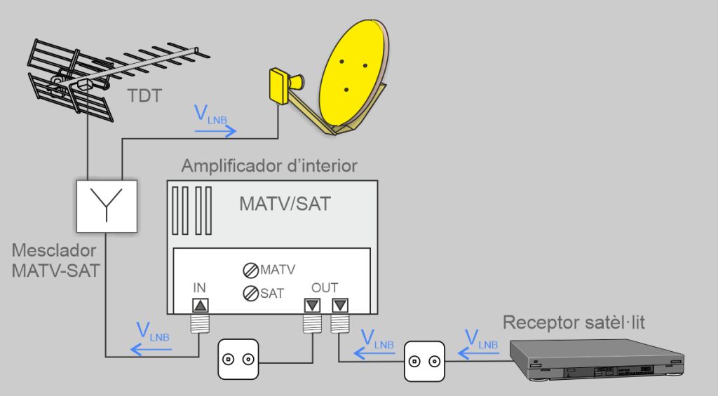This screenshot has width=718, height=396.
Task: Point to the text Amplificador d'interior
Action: point(269,166)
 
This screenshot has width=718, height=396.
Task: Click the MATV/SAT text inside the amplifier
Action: point(285,203)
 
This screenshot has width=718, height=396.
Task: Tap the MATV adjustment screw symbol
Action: point(251,270)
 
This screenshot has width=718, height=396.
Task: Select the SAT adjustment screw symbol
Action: point(250,294)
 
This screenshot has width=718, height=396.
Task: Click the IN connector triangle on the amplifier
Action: point(200,306)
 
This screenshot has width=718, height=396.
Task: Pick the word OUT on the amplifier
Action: point(325,287)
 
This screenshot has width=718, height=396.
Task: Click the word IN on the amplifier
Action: point(199,287)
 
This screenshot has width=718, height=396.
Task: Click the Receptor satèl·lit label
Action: point(574,322)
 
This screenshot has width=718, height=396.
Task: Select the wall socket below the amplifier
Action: point(238,360)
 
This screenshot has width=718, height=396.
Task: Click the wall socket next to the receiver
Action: point(425,362)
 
